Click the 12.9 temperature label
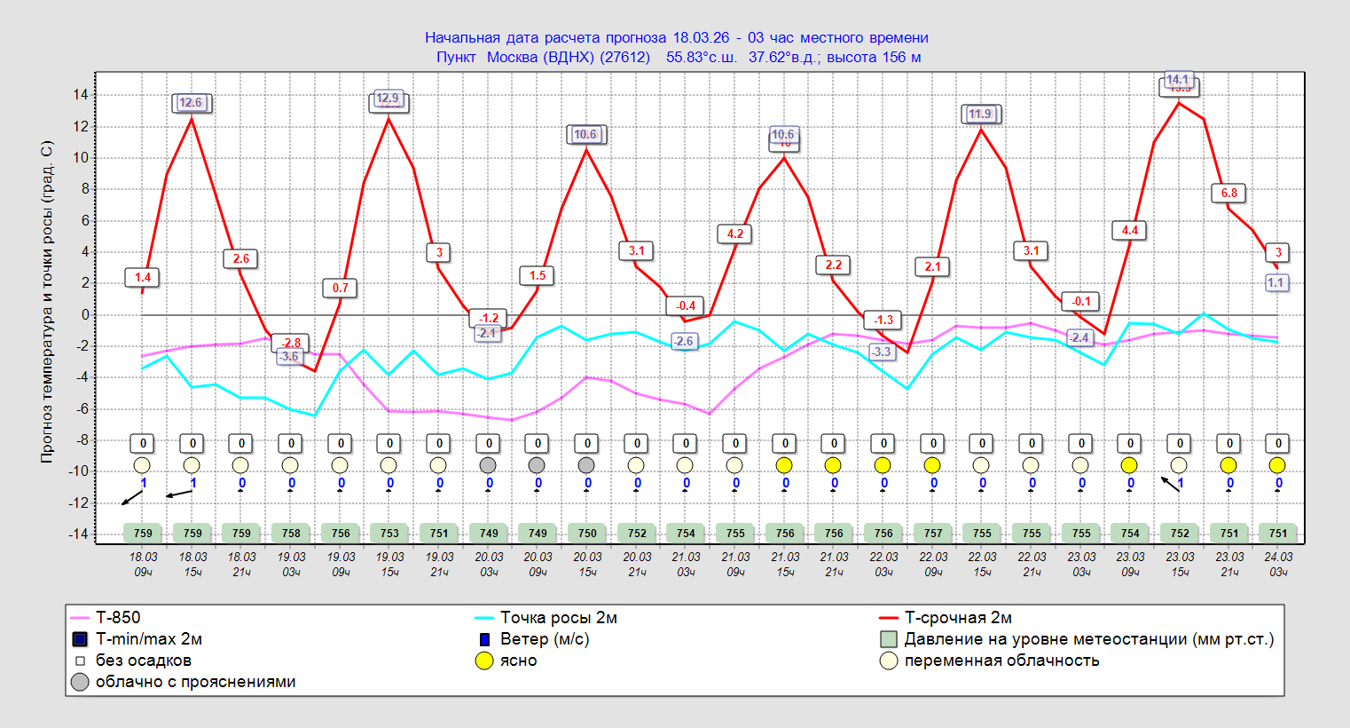(x=389, y=99)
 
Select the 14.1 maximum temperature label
(x=1177, y=80)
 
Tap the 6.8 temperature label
(x=1229, y=193)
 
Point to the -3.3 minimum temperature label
(x=881, y=352)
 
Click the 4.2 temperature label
(x=735, y=233)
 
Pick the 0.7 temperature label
(x=341, y=288)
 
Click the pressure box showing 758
(x=291, y=534)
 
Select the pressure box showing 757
(x=933, y=534)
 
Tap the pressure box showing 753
(x=389, y=534)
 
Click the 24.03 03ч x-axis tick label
(x=1278, y=564)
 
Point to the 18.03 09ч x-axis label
(x=143, y=564)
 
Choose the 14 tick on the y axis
(x=81, y=95)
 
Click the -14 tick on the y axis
(x=78, y=534)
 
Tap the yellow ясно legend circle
(x=484, y=661)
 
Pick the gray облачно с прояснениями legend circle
(x=80, y=682)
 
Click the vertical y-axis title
(x=47, y=302)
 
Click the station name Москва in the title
(x=512, y=58)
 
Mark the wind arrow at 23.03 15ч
(x=1170, y=484)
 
